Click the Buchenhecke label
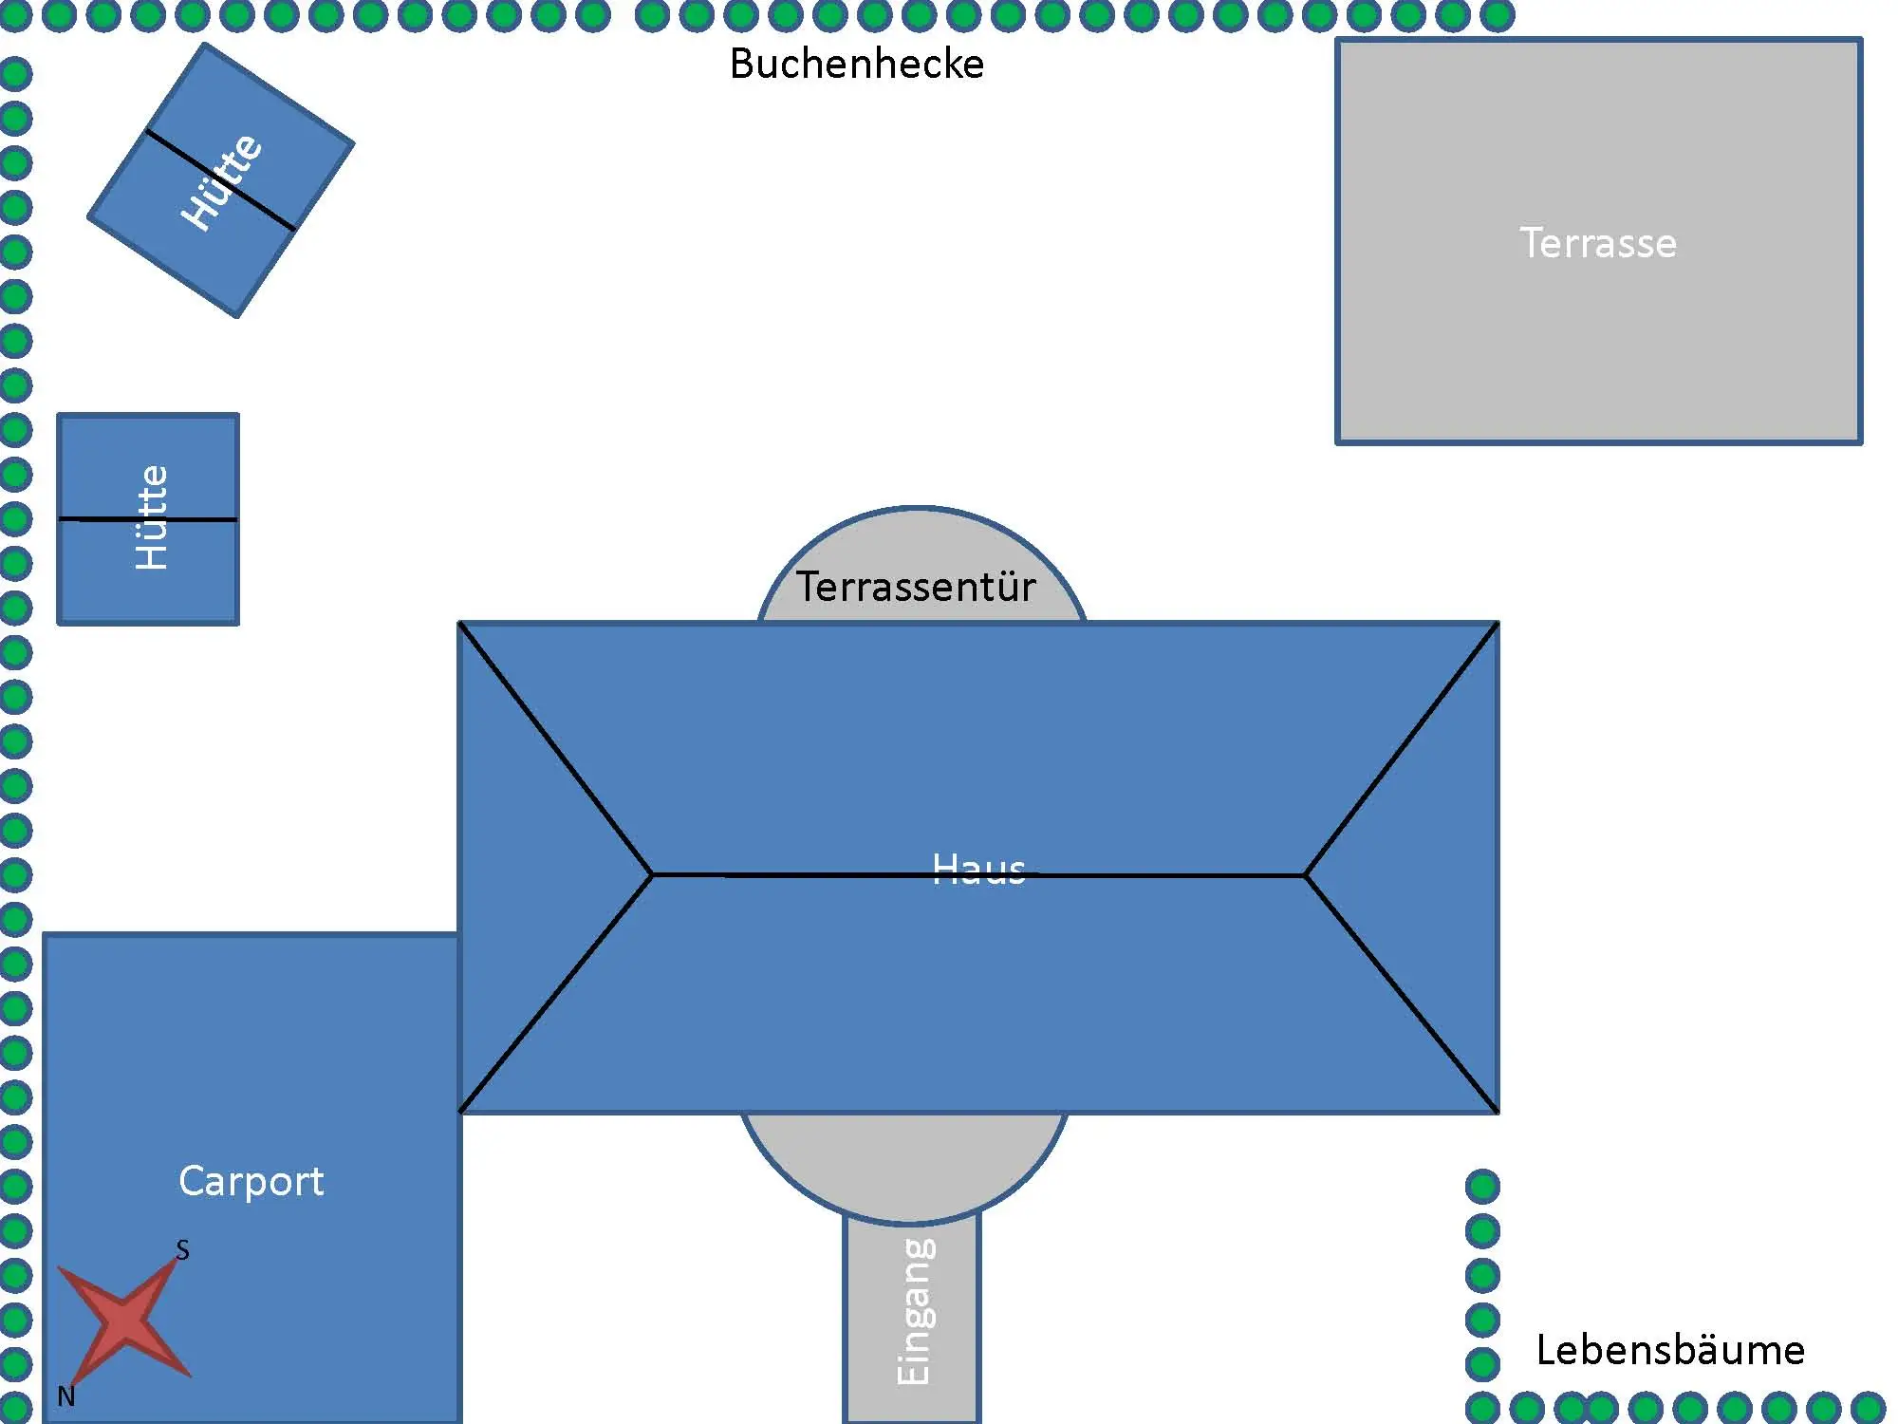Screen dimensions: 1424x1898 pyautogui.click(x=856, y=65)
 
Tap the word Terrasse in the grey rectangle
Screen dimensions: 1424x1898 pyautogui.click(x=1598, y=243)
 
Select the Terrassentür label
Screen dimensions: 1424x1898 pyautogui.click(x=915, y=587)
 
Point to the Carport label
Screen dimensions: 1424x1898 pyautogui.click(x=251, y=1181)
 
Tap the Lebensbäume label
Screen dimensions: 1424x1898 pyautogui.click(x=1670, y=1350)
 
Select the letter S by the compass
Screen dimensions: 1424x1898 pyautogui.click(x=182, y=1250)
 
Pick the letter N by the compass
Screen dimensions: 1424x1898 pyautogui.click(x=65, y=1396)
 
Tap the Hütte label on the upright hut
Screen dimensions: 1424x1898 pyautogui.click(x=152, y=518)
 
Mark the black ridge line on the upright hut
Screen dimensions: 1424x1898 pyautogui.click(x=199, y=519)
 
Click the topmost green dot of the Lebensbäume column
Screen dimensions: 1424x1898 pyautogui.click(x=1482, y=1186)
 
